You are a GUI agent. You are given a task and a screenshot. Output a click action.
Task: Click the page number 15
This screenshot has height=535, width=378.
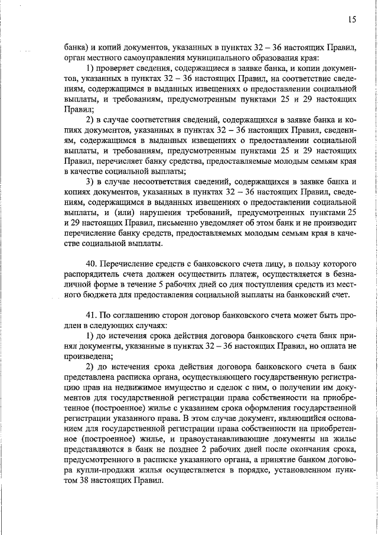(351, 20)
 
